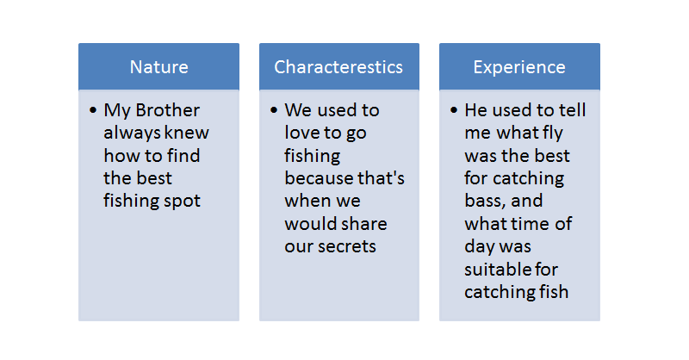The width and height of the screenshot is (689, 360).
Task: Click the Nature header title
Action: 159,67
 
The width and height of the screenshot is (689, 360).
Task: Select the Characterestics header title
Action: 338,67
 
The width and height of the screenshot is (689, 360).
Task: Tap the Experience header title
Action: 519,68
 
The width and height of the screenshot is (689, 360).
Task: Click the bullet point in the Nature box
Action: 93,110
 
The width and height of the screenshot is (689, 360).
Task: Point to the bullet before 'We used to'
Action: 274,110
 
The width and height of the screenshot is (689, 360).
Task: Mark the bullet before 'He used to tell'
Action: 454,110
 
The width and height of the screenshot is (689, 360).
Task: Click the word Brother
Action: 167,110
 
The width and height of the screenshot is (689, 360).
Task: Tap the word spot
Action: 183,202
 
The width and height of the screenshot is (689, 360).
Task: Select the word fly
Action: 553,133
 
